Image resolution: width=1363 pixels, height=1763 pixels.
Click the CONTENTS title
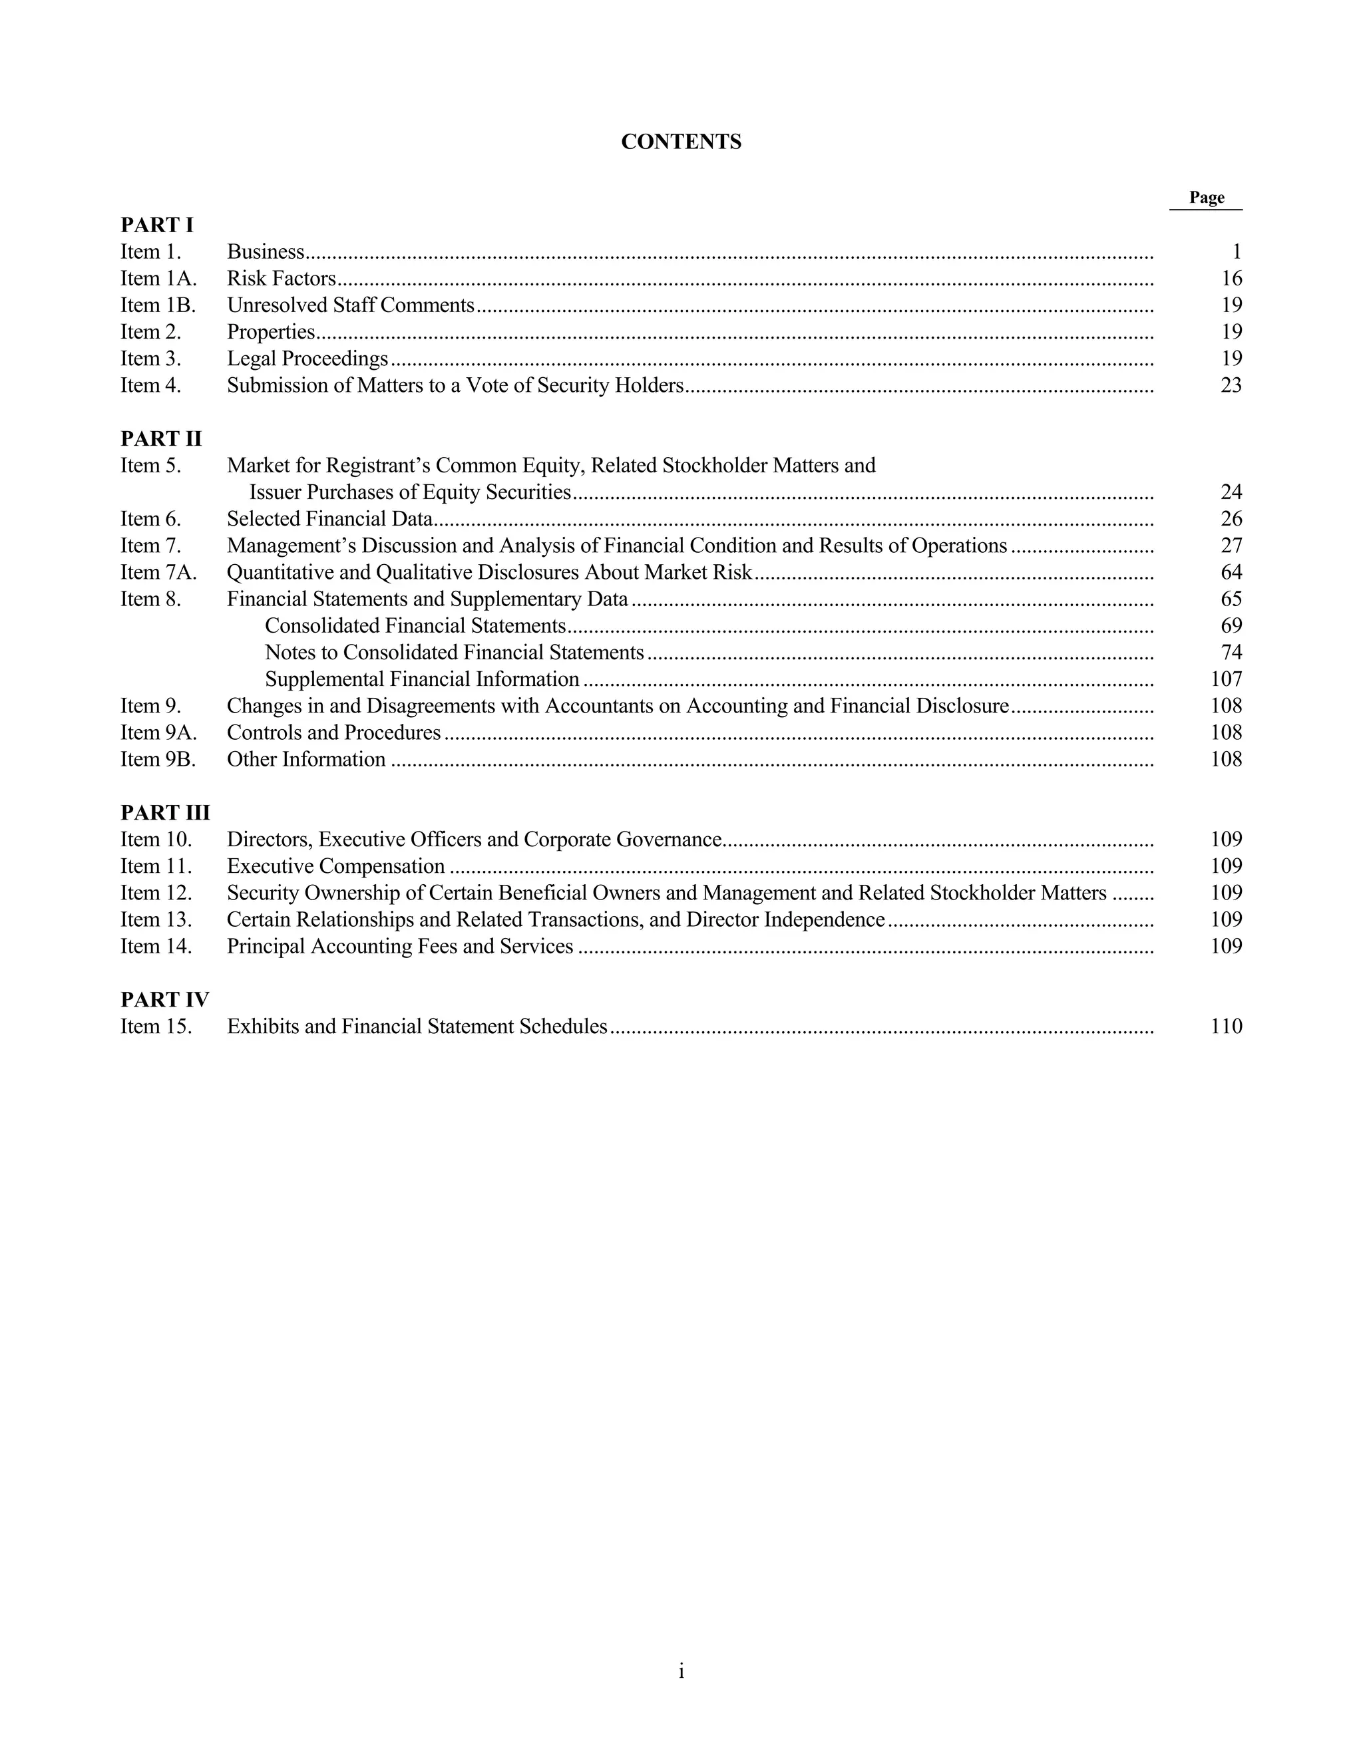pos(681,142)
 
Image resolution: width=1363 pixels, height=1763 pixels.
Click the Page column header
pos(1207,198)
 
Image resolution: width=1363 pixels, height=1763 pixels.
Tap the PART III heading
pos(165,812)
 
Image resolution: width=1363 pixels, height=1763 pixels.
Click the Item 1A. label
pos(158,279)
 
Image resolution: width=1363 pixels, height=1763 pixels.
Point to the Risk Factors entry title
pos(281,279)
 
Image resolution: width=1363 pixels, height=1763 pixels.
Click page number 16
pos(1231,279)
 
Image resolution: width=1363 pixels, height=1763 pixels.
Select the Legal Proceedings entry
pos(307,359)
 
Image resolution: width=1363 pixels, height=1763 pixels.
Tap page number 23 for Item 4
pos(1231,385)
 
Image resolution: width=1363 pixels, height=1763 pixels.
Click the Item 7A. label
pos(158,572)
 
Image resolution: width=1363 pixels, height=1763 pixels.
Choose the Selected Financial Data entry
pos(329,519)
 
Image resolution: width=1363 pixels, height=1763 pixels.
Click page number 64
pos(1231,572)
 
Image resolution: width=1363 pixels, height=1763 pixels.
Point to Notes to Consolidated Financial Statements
pos(454,652)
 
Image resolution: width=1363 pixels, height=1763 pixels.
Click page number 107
pos(1227,679)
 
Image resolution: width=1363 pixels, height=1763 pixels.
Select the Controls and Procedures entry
pos(333,732)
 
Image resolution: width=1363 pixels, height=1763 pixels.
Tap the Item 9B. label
pos(158,759)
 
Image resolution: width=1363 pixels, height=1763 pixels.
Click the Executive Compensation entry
pos(335,866)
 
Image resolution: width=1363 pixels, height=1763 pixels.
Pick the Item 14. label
pos(156,946)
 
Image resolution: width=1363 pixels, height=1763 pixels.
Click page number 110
pos(1227,1026)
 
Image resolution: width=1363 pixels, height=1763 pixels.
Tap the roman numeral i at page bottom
pos(681,1671)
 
